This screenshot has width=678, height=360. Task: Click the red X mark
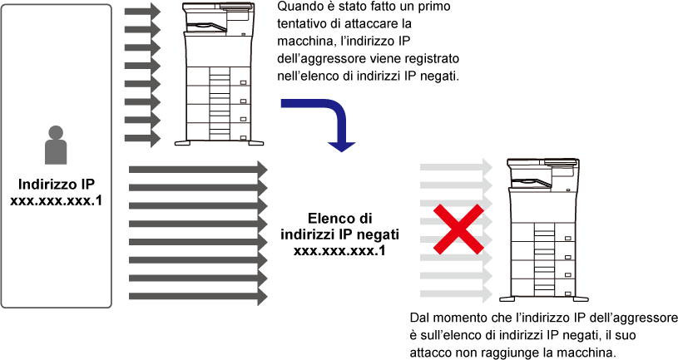[458, 229]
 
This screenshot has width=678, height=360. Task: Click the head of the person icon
[56, 132]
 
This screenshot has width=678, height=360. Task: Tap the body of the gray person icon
[56, 153]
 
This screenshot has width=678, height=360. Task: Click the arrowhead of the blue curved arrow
[341, 146]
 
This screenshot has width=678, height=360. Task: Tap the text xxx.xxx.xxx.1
[339, 251]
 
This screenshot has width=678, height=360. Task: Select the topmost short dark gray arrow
[141, 12]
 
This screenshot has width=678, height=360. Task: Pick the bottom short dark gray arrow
[141, 138]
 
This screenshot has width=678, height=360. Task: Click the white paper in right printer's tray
[532, 181]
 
